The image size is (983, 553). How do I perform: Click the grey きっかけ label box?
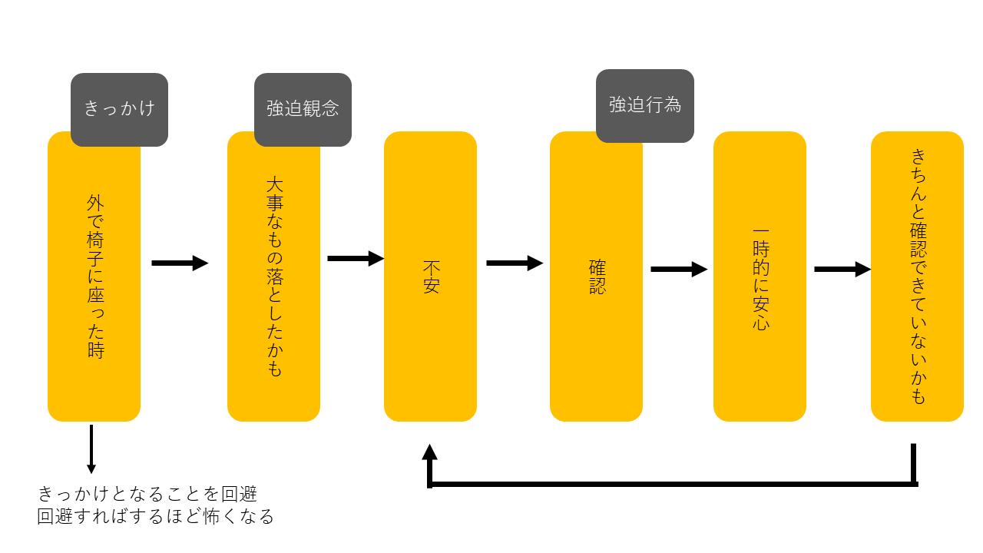coord(119,108)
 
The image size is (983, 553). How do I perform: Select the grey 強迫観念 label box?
coord(303,108)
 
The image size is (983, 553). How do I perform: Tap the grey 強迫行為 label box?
coord(645,105)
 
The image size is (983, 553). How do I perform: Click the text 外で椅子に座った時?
coord(95,276)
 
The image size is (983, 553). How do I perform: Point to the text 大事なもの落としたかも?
coord(274,276)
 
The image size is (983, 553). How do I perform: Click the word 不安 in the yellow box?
coord(431,277)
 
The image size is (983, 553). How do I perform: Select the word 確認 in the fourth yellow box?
coord(597,277)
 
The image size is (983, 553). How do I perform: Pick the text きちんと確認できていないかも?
coord(918,276)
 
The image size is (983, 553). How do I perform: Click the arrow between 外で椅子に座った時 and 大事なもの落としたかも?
coord(180,263)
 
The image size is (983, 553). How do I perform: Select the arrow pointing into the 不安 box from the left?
coord(356,259)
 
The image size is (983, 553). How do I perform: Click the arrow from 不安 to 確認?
coord(515,263)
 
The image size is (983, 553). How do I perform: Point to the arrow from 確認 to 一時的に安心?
coord(679,270)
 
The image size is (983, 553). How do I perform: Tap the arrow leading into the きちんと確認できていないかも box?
coord(842,270)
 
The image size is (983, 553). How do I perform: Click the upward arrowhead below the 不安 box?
coord(430,453)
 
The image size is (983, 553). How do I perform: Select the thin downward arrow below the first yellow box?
coord(91,449)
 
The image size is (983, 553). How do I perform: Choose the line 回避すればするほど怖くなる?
coord(156,516)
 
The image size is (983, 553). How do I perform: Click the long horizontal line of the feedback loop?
coord(672,484)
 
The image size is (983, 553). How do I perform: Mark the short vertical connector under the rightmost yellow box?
coord(914,464)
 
